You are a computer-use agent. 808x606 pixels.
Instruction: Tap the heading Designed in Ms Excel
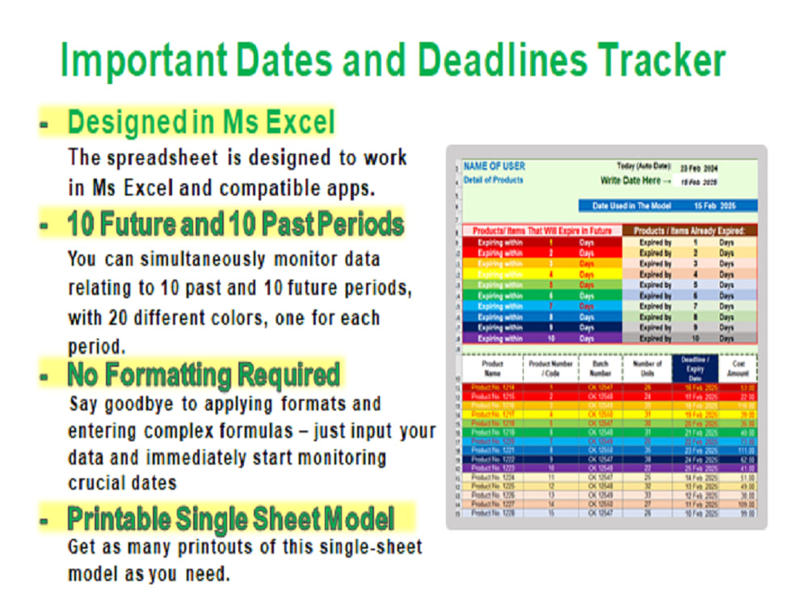(200, 123)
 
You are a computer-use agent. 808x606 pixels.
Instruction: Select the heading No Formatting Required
(204, 375)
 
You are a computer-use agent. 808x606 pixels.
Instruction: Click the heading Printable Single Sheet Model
(230, 518)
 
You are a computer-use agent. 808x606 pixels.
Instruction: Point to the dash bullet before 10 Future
(44, 227)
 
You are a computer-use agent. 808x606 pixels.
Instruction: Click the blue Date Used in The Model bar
(667, 206)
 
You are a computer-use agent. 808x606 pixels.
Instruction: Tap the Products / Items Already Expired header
(689, 230)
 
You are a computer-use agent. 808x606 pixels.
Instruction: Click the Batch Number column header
(600, 368)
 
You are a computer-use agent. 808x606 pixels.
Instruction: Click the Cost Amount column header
(737, 368)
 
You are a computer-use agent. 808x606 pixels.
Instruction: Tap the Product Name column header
(491, 368)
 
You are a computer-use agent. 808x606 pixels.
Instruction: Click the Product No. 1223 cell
(491, 468)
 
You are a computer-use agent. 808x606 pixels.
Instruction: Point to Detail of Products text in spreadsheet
(493, 179)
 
